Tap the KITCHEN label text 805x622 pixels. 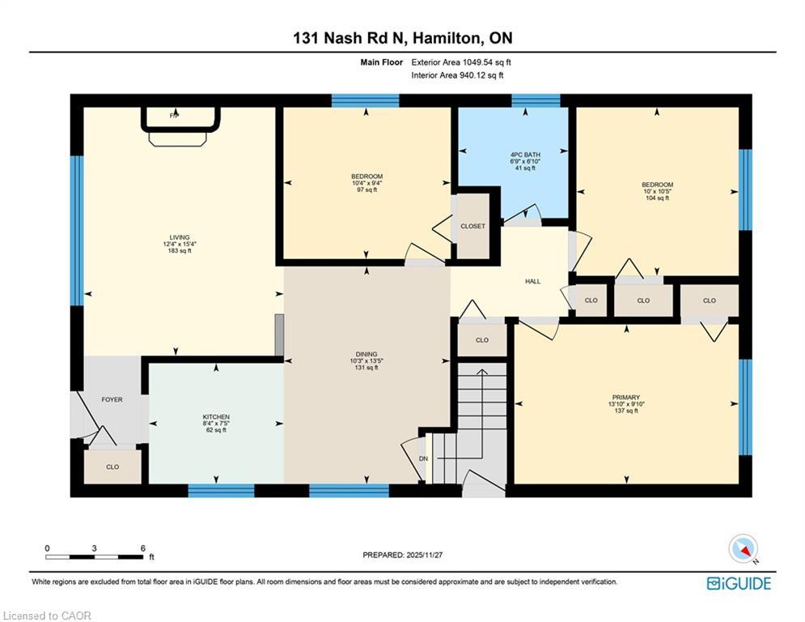click(216, 416)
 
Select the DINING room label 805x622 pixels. click(366, 353)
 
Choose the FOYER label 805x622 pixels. click(112, 399)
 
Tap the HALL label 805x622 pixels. click(532, 281)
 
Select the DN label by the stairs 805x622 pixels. click(422, 458)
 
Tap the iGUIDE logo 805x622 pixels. click(738, 583)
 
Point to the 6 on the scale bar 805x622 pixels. click(142, 548)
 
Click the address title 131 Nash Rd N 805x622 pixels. click(402, 38)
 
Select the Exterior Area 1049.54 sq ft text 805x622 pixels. click(461, 62)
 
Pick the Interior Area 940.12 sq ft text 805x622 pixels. click(458, 75)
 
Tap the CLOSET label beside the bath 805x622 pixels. click(472, 226)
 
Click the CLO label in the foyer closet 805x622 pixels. click(112, 466)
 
